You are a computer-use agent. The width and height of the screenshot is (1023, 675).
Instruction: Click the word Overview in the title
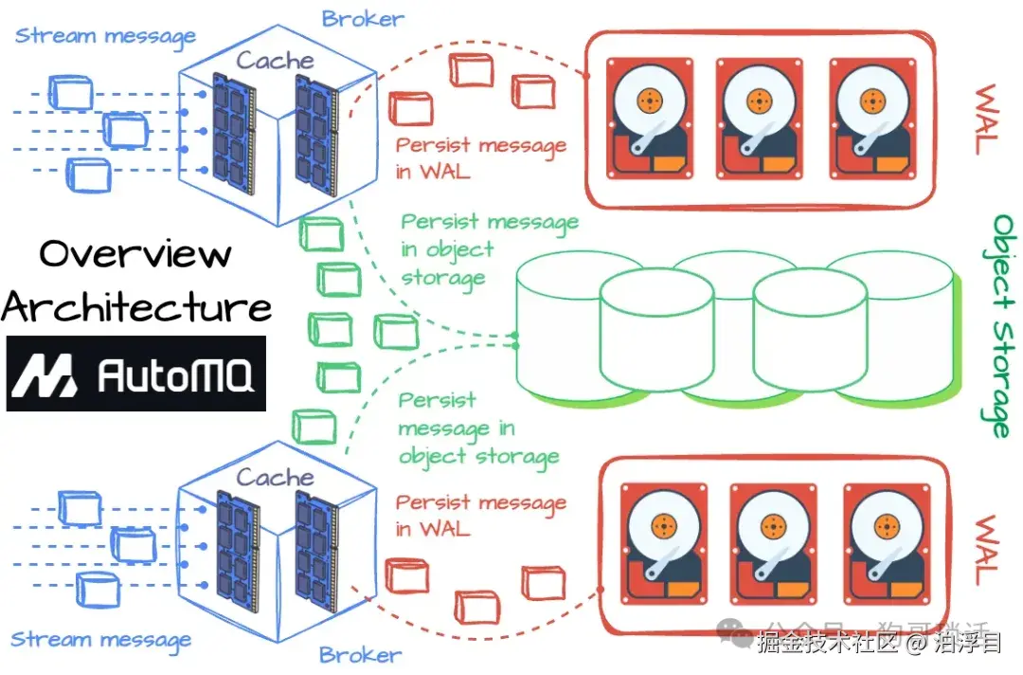click(x=135, y=253)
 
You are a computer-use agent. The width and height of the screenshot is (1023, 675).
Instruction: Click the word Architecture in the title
click(x=137, y=306)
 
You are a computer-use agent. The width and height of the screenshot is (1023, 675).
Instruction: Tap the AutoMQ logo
click(x=136, y=374)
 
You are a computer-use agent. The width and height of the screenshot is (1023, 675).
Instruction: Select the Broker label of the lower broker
click(x=360, y=654)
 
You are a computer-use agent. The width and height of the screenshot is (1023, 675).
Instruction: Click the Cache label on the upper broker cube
click(x=275, y=61)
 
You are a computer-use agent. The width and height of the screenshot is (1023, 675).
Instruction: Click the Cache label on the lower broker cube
click(x=275, y=477)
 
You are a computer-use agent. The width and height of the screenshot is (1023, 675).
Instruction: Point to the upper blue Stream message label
click(x=105, y=36)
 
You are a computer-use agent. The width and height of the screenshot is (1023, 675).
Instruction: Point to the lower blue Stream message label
click(x=100, y=640)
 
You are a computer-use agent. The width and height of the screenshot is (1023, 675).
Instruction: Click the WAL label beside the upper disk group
click(x=985, y=120)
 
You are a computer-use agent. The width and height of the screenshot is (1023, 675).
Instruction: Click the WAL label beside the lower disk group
click(x=985, y=550)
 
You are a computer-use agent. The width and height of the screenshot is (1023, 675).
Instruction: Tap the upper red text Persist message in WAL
click(x=480, y=157)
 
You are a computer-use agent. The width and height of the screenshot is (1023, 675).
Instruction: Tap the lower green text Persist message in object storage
click(x=478, y=429)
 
